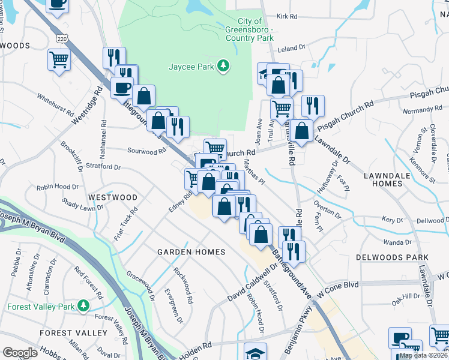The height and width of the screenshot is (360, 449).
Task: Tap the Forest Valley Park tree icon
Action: (84, 307)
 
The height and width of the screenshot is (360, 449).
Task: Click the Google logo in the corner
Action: (20, 353)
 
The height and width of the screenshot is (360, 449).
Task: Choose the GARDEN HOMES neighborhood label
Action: (191, 252)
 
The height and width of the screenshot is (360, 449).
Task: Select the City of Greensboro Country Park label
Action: (249, 29)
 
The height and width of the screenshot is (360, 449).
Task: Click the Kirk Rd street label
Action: (288, 17)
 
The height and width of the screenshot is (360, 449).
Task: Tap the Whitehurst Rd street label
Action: (55, 105)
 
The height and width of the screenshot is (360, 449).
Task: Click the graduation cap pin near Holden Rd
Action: (255, 352)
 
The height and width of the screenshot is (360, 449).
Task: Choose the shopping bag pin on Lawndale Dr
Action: (303, 129)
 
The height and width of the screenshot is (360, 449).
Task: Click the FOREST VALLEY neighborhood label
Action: (65, 333)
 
